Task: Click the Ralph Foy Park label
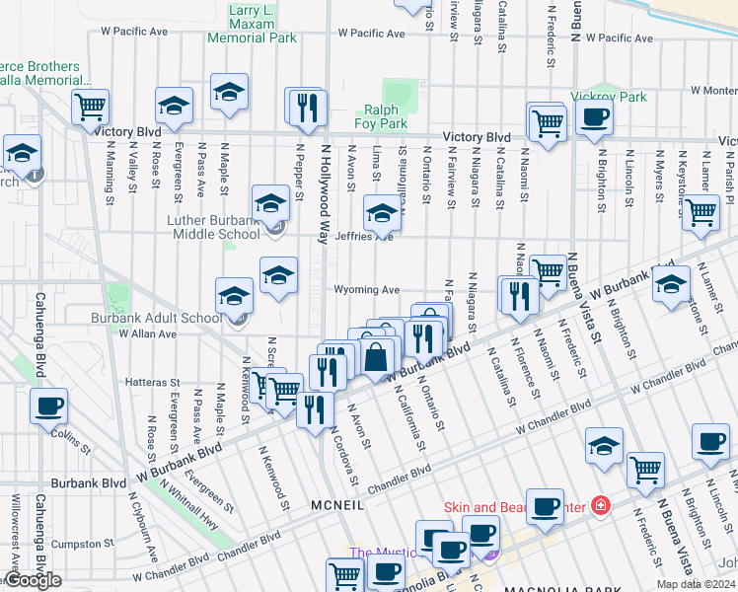click(x=381, y=117)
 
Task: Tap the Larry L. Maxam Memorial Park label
click(x=252, y=25)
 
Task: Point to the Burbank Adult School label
click(x=157, y=318)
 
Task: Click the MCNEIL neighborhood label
click(x=337, y=504)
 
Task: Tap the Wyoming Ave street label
click(x=367, y=290)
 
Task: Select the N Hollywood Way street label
click(x=323, y=192)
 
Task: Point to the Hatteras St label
click(x=153, y=382)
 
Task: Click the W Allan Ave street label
click(x=146, y=334)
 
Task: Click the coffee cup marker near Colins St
click(x=48, y=405)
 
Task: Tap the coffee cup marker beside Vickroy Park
click(x=593, y=117)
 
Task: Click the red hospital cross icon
click(x=600, y=506)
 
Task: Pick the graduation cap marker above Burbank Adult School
click(x=235, y=295)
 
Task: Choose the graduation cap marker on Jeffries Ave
click(x=382, y=211)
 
